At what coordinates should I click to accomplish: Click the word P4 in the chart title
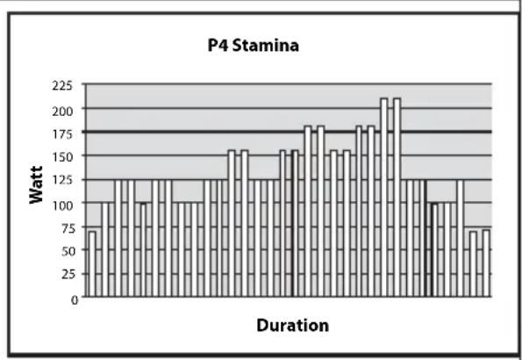tap(218, 46)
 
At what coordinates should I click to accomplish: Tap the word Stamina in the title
tap(265, 46)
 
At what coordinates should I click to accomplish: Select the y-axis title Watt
tap(36, 184)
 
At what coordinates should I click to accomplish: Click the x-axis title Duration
tap(293, 326)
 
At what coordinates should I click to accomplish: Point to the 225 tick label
tap(62, 86)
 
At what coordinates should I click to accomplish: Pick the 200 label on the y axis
tap(62, 111)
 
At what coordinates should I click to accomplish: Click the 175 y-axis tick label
tap(62, 134)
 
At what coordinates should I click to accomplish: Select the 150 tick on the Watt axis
tap(62, 157)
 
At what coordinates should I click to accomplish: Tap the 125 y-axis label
tap(62, 181)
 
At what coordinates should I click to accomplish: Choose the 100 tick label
tap(62, 205)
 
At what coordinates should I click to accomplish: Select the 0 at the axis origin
tap(75, 299)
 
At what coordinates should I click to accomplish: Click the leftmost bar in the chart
tap(92, 263)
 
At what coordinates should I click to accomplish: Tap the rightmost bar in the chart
tap(486, 263)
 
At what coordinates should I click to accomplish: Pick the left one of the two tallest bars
tap(384, 198)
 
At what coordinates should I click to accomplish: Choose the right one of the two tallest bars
tap(397, 198)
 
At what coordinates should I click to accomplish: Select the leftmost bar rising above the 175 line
tap(308, 211)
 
